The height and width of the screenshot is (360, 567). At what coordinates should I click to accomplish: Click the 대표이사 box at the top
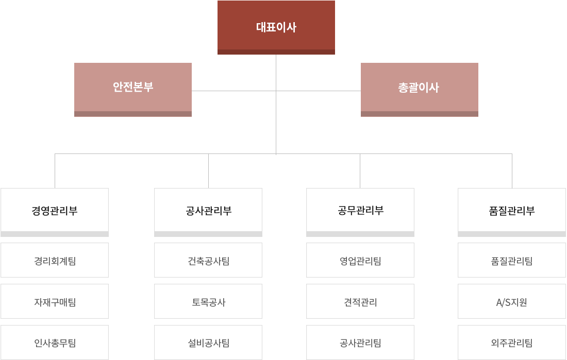[x=276, y=27]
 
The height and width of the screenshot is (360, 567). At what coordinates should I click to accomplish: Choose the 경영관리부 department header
[x=55, y=210]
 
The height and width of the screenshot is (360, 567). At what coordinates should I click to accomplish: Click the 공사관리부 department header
[x=208, y=210]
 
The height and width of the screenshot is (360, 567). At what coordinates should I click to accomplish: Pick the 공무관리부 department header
[x=360, y=210]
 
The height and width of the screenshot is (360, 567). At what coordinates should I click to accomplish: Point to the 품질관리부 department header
[x=512, y=210]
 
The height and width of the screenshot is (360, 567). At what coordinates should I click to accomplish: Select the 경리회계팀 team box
[x=55, y=261]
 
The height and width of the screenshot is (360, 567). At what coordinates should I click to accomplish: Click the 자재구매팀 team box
[x=55, y=302]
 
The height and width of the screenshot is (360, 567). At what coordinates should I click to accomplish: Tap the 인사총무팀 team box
[x=55, y=342]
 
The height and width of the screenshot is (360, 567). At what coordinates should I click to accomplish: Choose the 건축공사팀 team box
[x=208, y=261]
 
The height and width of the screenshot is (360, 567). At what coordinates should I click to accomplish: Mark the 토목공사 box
[x=208, y=302]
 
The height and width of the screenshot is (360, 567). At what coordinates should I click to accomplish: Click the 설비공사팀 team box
[x=208, y=342]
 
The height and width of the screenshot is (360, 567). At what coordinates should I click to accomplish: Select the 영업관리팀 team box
[x=360, y=261]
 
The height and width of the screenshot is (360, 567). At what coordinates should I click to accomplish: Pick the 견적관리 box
[x=360, y=302]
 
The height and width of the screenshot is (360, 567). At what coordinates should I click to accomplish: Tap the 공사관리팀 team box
[x=360, y=342]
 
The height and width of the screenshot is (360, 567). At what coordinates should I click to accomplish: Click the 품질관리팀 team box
[x=512, y=261]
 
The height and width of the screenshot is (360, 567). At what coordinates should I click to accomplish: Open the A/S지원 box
[x=512, y=302]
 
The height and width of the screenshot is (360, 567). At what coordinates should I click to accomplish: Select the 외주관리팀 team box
[x=512, y=342]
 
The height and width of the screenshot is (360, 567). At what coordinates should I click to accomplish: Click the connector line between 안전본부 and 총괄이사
[x=232, y=92]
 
